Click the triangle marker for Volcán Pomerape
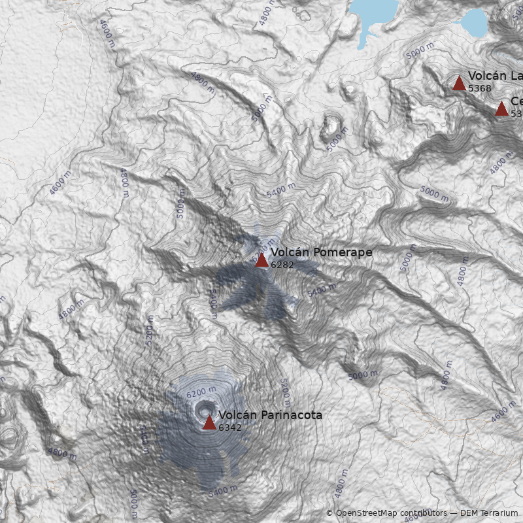pyautogui.click(x=261, y=260)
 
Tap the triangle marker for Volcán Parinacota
pyautogui.click(x=209, y=422)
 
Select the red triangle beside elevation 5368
pyautogui.click(x=459, y=83)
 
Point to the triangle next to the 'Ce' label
pyautogui.click(x=501, y=109)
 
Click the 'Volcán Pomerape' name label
pyautogui.click(x=321, y=252)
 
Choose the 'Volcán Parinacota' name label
pyautogui.click(x=270, y=415)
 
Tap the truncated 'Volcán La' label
pyautogui.click(x=495, y=76)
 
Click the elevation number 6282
pyautogui.click(x=282, y=265)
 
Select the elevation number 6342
pyautogui.click(x=230, y=428)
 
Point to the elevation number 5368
pyautogui.click(x=479, y=88)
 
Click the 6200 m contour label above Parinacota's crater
pyautogui.click(x=201, y=392)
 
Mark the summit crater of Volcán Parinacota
pyautogui.click(x=203, y=409)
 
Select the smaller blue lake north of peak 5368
pyautogui.click(x=473, y=23)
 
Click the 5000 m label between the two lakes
pyautogui.click(x=420, y=50)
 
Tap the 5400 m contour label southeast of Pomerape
pyautogui.click(x=322, y=290)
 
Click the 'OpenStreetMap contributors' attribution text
pyautogui.click(x=390, y=513)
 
